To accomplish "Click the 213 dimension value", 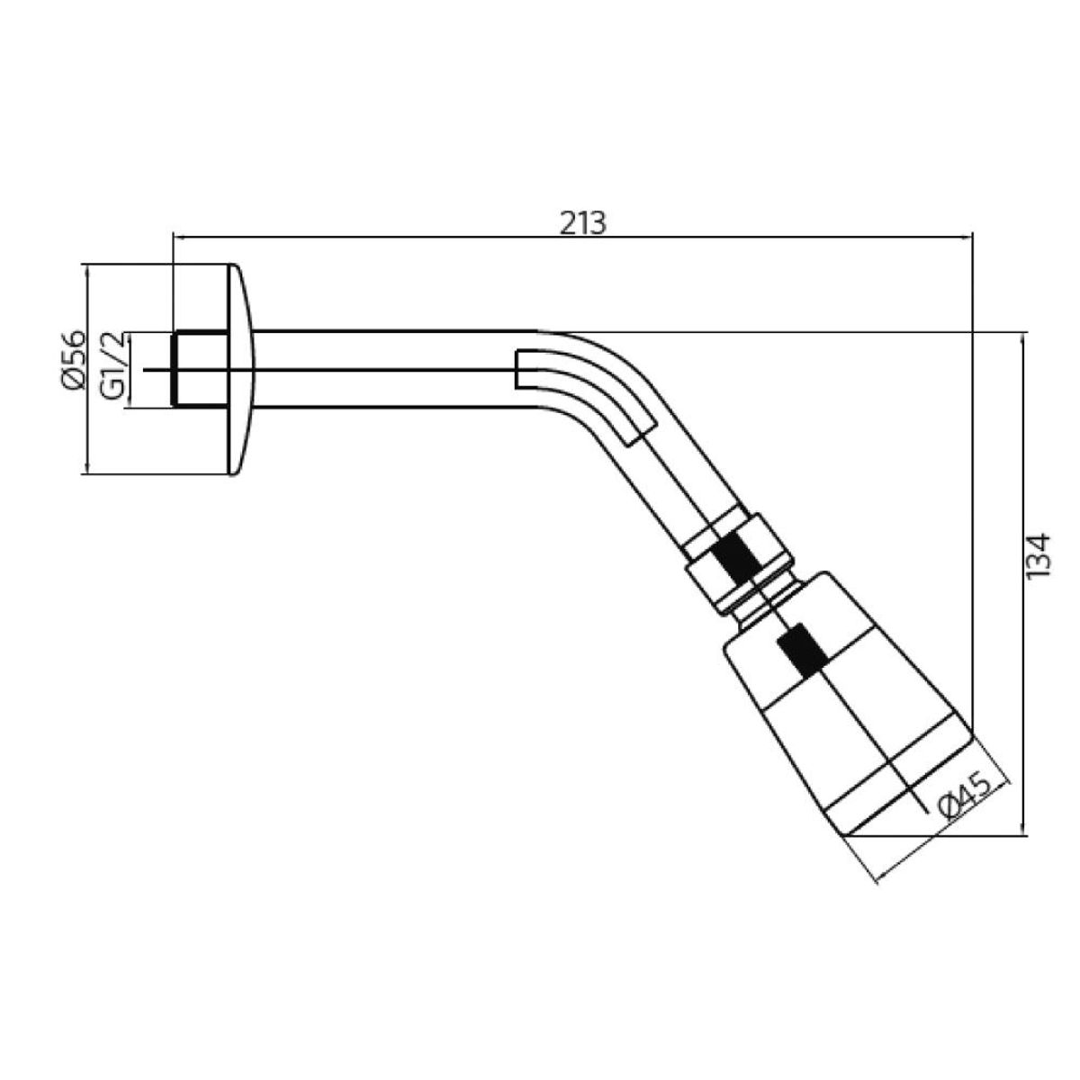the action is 583,224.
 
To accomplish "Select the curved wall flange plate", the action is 241,370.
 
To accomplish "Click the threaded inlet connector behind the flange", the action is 200,369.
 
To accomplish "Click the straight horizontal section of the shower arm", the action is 392,370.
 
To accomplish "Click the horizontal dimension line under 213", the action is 572,238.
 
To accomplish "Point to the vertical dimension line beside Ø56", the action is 87,370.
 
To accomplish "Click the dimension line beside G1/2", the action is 129,370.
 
